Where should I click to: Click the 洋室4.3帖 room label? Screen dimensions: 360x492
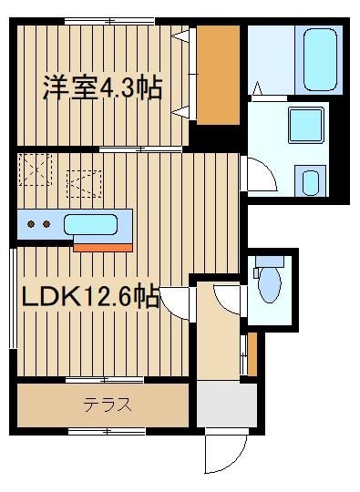(x=103, y=87)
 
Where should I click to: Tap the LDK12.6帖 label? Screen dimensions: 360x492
(x=90, y=296)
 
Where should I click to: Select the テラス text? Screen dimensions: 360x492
(x=107, y=405)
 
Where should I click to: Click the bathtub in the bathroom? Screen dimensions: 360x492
(x=320, y=60)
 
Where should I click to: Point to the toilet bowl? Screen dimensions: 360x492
(x=270, y=285)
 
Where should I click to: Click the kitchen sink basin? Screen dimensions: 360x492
(x=90, y=224)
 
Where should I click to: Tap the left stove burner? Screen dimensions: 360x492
(x=31, y=224)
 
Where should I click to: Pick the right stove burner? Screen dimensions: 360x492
(x=46, y=224)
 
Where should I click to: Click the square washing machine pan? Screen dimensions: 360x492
(x=305, y=125)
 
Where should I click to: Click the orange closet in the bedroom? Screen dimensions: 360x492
(x=218, y=75)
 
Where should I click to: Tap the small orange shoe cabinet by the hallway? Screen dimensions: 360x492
(x=252, y=354)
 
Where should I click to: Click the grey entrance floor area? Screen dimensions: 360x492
(x=227, y=404)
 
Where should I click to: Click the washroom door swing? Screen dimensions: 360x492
(x=261, y=175)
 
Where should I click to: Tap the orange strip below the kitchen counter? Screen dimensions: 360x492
(x=103, y=248)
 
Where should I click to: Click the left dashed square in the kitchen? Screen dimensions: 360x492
(x=36, y=169)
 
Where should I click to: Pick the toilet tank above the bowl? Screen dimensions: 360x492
(x=270, y=261)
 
